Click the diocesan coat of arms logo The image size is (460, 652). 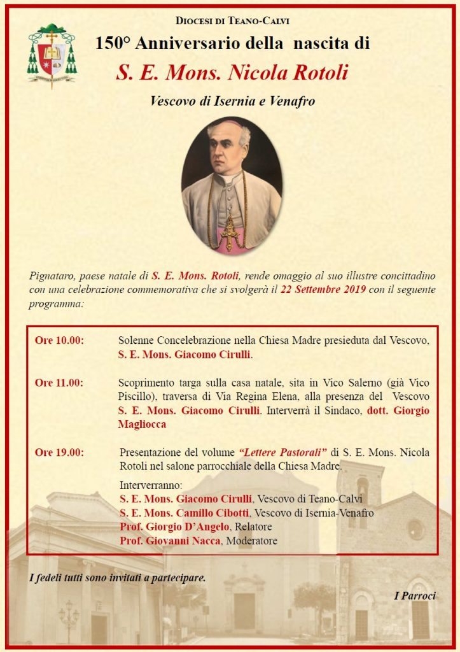pyautogui.click(x=51, y=55)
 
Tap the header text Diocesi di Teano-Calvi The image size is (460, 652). pyautogui.click(x=232, y=21)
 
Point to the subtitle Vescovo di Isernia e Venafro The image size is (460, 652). pyautogui.click(x=232, y=101)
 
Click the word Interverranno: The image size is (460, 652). pyautogui.click(x=151, y=485)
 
